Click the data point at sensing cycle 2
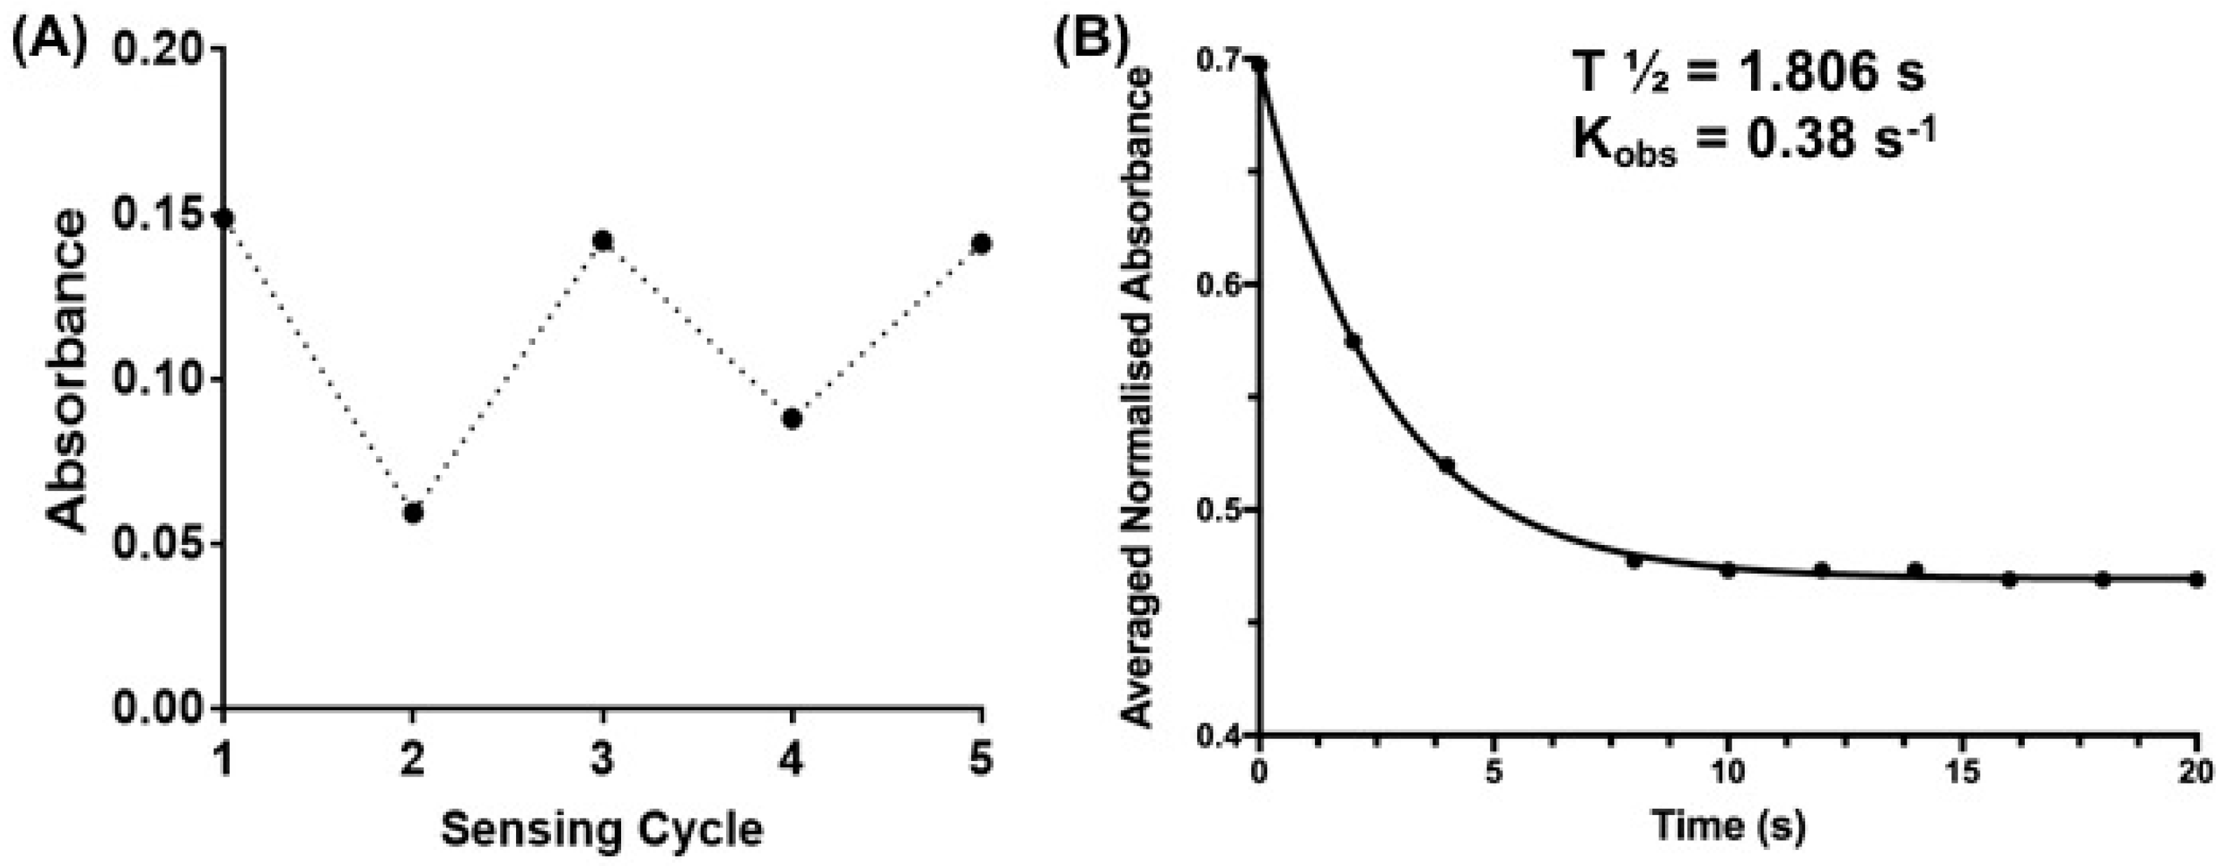413,513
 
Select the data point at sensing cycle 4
791,419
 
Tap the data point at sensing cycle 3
603,241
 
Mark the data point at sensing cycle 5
981,244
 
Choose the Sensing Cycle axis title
603,829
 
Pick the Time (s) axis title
1728,827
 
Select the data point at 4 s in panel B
1446,465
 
